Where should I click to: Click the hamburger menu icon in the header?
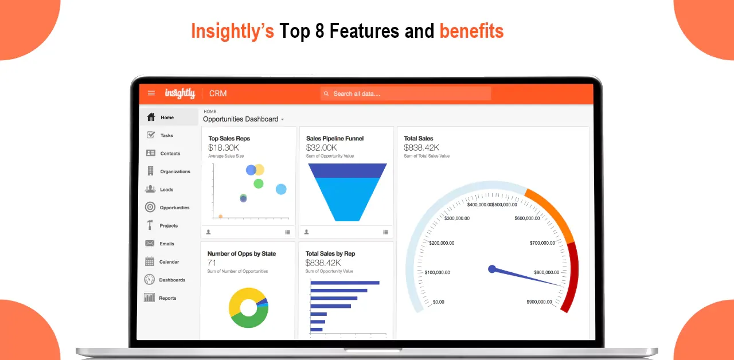click(x=151, y=93)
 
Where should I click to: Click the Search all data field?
click(x=405, y=93)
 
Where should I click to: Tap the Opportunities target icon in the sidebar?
click(x=150, y=207)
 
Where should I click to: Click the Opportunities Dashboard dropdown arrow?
click(x=283, y=120)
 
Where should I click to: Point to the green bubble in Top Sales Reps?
click(x=259, y=183)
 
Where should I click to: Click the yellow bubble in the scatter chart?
click(x=260, y=170)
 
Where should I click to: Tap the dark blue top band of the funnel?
click(x=348, y=171)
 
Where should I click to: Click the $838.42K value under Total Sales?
click(x=421, y=148)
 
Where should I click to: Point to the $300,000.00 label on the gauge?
click(x=457, y=218)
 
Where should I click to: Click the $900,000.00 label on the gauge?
click(x=539, y=302)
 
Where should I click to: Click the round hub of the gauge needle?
click(x=492, y=269)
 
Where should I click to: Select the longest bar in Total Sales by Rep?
click(x=345, y=283)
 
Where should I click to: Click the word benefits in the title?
click(x=471, y=31)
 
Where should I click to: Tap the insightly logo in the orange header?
click(x=180, y=93)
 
